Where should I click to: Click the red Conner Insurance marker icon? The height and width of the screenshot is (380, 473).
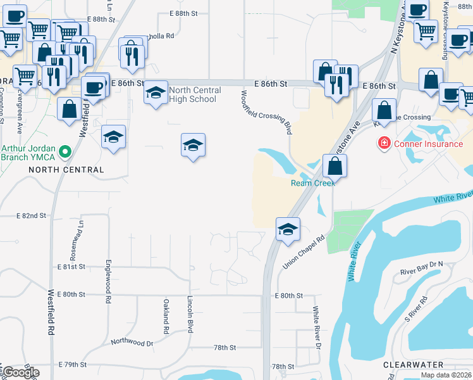pos(384,144)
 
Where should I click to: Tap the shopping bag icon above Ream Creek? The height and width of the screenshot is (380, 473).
pos(335,167)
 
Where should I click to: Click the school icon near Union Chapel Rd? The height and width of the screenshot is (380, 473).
pos(288,229)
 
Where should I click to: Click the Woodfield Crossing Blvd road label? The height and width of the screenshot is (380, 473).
pos(266,112)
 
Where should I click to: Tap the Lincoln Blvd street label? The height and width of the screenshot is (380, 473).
pos(190,314)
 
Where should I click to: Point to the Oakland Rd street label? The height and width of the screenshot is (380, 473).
pos(166,317)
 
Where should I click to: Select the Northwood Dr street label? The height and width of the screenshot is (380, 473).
pos(132,342)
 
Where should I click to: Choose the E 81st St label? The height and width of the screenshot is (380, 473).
pos(71,267)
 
